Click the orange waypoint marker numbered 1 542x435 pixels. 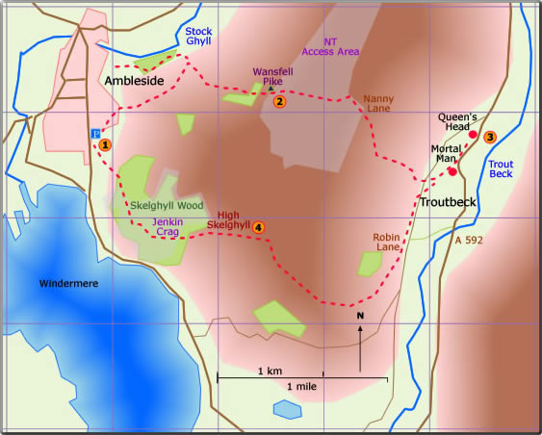coord(105,144)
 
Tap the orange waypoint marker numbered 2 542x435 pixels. coord(279,101)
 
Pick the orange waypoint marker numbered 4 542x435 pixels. coord(257,227)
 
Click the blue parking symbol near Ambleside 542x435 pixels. coord(94,134)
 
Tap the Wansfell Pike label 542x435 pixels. coord(271,77)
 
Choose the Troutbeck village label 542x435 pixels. coord(446,202)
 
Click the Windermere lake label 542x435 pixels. coord(70,283)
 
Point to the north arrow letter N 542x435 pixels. coord(360,316)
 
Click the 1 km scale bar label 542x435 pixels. coord(270,371)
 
